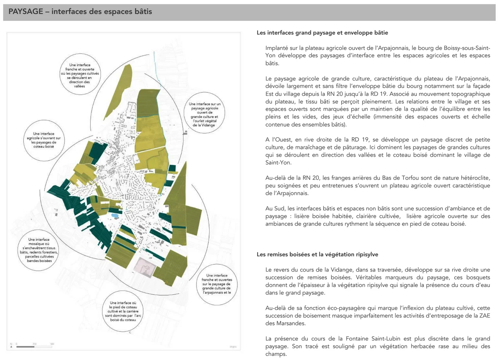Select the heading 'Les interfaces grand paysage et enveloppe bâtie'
click(322, 33)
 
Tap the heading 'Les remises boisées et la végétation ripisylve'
click(317, 254)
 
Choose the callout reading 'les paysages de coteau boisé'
click(44, 140)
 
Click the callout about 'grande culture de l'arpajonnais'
click(216, 284)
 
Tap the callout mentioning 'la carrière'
click(123, 311)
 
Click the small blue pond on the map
click(115, 215)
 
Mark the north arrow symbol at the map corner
click(11, 346)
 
